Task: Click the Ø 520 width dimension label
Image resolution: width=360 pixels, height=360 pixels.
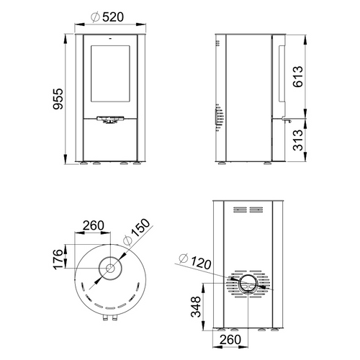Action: point(107,17)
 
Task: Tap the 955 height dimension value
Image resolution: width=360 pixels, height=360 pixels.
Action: point(58,99)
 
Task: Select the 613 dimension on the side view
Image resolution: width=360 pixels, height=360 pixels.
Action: point(298,76)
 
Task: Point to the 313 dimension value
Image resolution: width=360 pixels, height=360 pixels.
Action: point(298,140)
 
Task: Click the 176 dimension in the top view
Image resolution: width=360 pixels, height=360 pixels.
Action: point(58,259)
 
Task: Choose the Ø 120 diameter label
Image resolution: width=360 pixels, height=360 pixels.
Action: point(195,261)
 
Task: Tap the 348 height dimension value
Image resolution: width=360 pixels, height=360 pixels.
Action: point(196,307)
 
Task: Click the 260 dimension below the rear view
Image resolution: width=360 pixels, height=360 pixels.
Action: point(230,340)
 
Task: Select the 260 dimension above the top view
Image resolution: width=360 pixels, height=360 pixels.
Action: point(94,225)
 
